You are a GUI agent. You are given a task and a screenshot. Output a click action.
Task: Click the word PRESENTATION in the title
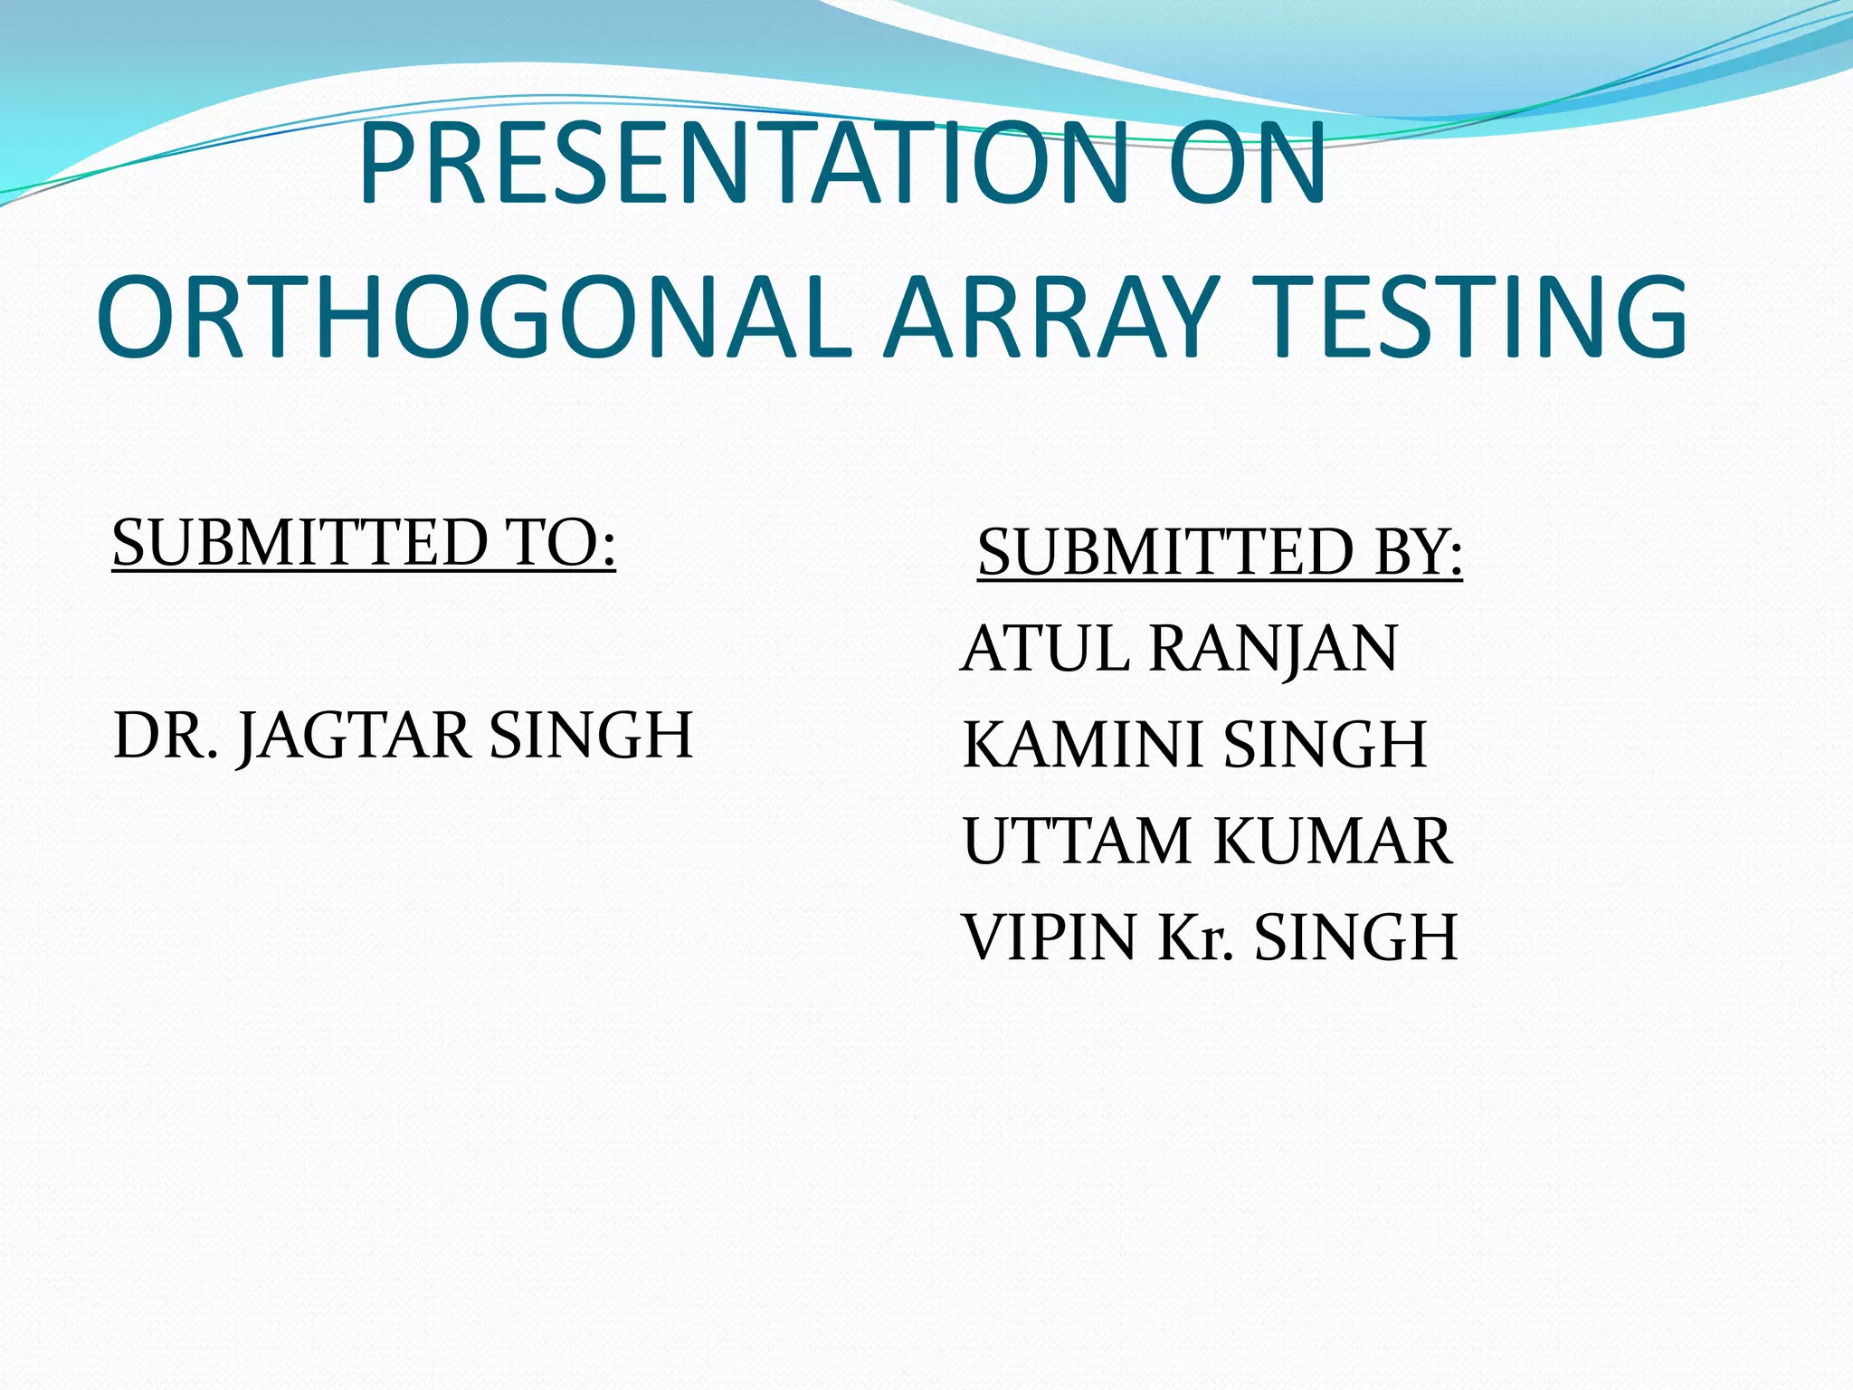(x=742, y=165)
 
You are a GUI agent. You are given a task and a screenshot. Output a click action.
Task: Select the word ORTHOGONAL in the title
(x=474, y=317)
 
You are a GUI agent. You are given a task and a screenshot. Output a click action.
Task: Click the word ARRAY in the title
(x=1050, y=317)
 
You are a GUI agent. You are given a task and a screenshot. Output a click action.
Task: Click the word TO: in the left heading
(x=561, y=543)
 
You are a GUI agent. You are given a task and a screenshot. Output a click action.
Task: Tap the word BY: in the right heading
(x=1417, y=553)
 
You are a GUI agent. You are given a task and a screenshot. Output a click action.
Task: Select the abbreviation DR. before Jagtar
(x=166, y=735)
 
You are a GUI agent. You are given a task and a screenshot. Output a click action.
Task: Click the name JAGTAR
(x=354, y=737)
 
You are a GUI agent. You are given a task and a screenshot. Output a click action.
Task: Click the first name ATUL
(x=1045, y=649)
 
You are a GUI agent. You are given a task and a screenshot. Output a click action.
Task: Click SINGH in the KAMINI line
(x=1325, y=745)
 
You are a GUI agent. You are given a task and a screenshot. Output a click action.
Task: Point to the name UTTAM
(x=1077, y=841)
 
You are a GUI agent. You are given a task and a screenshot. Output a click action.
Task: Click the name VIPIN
(x=1049, y=937)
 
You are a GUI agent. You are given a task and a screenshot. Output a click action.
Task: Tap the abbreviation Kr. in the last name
(x=1195, y=937)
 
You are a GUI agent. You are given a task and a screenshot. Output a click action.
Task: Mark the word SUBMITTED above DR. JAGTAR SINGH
(x=299, y=543)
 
